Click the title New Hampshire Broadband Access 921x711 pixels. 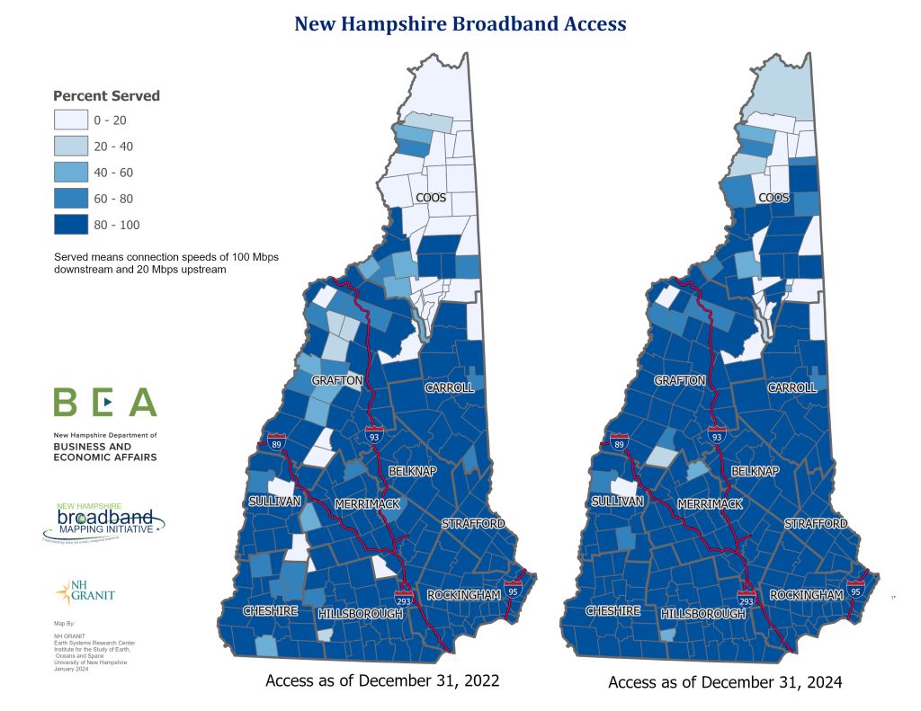tap(460, 24)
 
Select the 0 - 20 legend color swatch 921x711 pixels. tap(70, 120)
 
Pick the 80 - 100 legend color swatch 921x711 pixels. tap(70, 224)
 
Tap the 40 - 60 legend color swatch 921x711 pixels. tap(70, 172)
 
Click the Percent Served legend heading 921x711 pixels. tap(106, 96)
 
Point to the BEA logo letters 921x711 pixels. tap(105, 402)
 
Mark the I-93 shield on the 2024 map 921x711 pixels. tap(717, 435)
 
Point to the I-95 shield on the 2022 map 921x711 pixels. tap(514, 591)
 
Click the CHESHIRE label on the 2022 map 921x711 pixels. tap(271, 610)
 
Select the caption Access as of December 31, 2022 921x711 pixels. tap(382, 680)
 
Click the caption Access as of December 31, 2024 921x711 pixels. tap(725, 682)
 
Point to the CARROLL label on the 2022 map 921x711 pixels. tap(449, 387)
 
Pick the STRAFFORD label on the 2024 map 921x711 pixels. tap(816, 523)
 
